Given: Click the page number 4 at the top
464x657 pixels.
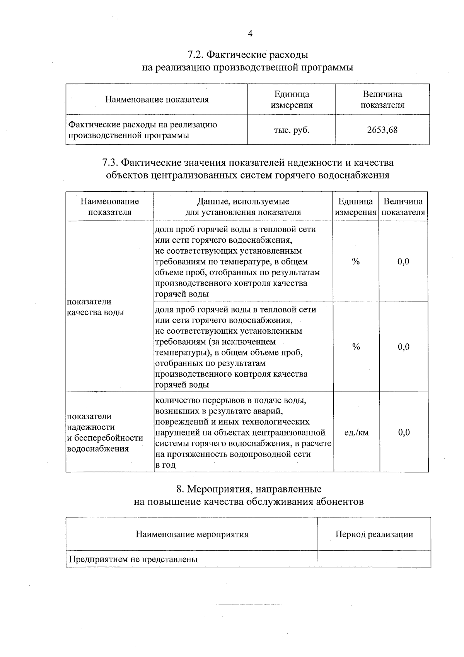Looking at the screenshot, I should tap(250, 34).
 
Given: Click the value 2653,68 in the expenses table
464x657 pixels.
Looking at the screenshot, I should tap(382, 130).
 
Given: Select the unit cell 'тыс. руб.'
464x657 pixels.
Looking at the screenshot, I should tap(292, 130).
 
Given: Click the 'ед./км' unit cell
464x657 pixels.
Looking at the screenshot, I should tap(356, 432).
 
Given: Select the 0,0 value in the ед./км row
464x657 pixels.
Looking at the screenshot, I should tap(404, 432).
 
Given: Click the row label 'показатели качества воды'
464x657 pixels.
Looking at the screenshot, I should tap(95, 307).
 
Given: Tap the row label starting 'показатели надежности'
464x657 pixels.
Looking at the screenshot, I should tap(105, 432).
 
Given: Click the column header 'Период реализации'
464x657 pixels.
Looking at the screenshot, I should tap(374, 535).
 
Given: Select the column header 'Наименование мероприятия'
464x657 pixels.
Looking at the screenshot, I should tap(192, 535).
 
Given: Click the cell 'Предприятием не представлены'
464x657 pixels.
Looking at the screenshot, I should tap(133, 559).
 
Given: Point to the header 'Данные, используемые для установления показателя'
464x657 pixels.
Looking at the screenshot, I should tap(243, 207).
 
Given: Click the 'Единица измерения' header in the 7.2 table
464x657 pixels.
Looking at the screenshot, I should tap(292, 99).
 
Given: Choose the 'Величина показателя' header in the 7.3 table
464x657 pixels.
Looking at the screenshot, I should tap(403, 207).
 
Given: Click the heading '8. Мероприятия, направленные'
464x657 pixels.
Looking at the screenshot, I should tap(249, 489).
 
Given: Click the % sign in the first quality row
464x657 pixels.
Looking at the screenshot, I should tap(356, 261).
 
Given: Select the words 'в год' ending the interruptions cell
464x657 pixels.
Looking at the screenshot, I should tap(165, 465).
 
